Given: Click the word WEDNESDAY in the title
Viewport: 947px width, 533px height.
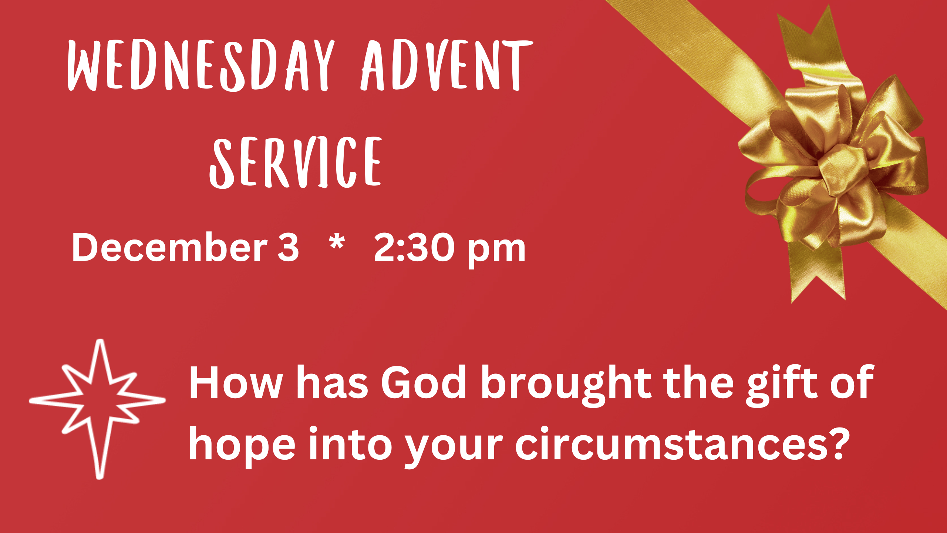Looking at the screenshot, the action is (201, 65).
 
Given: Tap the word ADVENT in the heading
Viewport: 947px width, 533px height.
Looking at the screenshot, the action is (447, 65).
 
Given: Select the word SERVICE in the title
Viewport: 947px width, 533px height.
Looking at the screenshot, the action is (296, 162).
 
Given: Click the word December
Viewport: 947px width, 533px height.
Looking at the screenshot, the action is (169, 247).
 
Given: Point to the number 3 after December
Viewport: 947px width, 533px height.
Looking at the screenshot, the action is (288, 247).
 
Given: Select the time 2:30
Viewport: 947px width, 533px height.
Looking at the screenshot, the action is (414, 247).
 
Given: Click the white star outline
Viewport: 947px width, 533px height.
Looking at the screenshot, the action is (98, 409).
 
